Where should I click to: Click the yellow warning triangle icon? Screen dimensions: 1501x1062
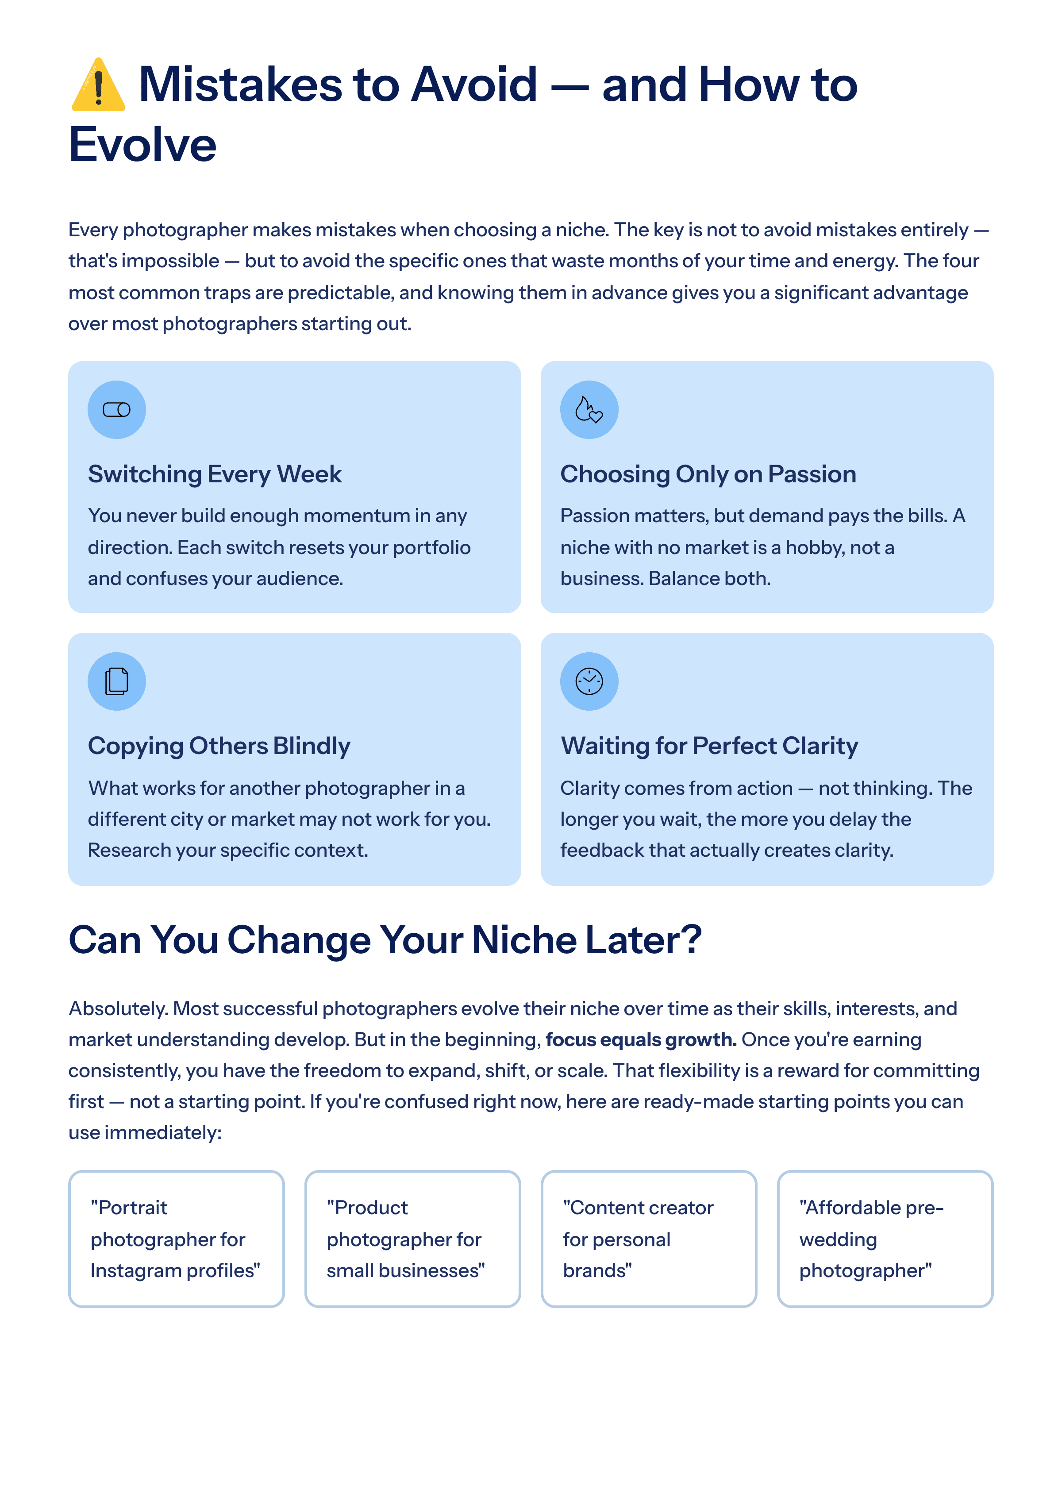click(98, 85)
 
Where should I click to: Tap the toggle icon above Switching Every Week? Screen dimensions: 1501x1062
click(116, 409)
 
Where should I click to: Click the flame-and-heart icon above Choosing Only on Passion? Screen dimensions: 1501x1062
click(589, 409)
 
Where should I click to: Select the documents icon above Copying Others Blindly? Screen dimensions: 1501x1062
click(116, 681)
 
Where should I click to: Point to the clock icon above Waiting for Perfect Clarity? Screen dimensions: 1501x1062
click(589, 681)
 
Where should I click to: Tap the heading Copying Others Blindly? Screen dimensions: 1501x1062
click(219, 746)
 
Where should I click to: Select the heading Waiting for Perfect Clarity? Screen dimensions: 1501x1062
click(709, 746)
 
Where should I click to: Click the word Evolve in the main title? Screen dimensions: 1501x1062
click(142, 145)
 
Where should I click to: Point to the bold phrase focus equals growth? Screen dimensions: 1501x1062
click(641, 1039)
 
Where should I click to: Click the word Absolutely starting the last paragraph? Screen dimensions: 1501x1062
click(118, 1008)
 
